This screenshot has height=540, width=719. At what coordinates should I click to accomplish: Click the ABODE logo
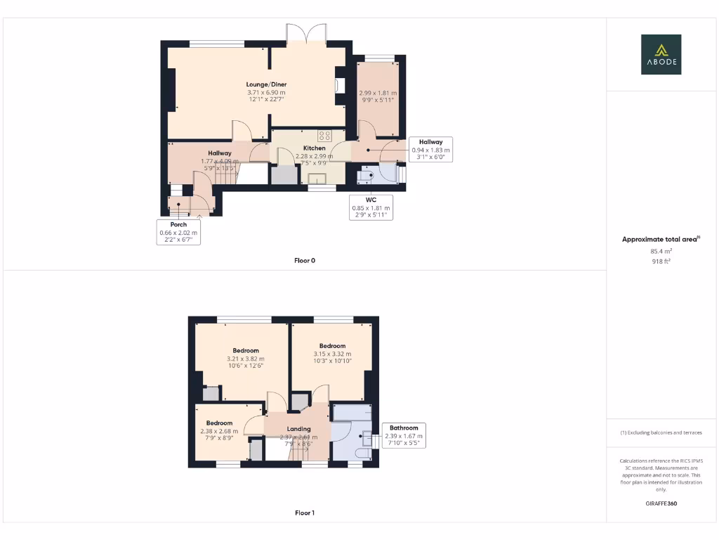pos(661,55)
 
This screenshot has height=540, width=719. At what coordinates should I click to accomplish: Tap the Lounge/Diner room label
pos(266,84)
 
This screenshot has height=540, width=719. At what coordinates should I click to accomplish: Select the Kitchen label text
pos(314,148)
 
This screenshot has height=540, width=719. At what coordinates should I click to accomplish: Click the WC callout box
pos(371,207)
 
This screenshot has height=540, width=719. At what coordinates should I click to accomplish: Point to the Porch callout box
pos(178,232)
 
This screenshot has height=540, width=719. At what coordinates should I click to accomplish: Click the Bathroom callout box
pos(404,435)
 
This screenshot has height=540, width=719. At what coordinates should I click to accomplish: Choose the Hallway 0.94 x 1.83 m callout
pos(431,150)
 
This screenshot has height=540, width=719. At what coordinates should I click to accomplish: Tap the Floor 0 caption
pos(305,261)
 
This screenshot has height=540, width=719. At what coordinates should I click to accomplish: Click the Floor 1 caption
pos(305,513)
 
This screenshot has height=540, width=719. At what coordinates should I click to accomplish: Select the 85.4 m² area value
pos(661,251)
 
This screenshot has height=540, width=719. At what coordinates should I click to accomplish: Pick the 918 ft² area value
pos(661,261)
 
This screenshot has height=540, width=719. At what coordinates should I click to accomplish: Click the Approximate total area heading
pos(661,240)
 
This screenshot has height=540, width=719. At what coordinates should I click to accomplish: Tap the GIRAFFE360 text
pos(661,503)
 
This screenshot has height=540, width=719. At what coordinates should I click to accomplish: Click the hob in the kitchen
pos(324,135)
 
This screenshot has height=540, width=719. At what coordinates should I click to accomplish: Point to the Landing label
pos(298,428)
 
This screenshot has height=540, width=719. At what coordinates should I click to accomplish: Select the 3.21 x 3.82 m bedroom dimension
pos(246,359)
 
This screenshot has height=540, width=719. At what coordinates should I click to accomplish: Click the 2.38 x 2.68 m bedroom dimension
pos(219,431)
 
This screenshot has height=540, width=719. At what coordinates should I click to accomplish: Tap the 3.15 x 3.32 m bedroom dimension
pos(332,354)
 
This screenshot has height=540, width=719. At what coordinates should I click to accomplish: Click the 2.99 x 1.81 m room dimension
pos(378,93)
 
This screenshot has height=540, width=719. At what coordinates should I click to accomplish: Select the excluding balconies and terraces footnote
pos(661,432)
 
